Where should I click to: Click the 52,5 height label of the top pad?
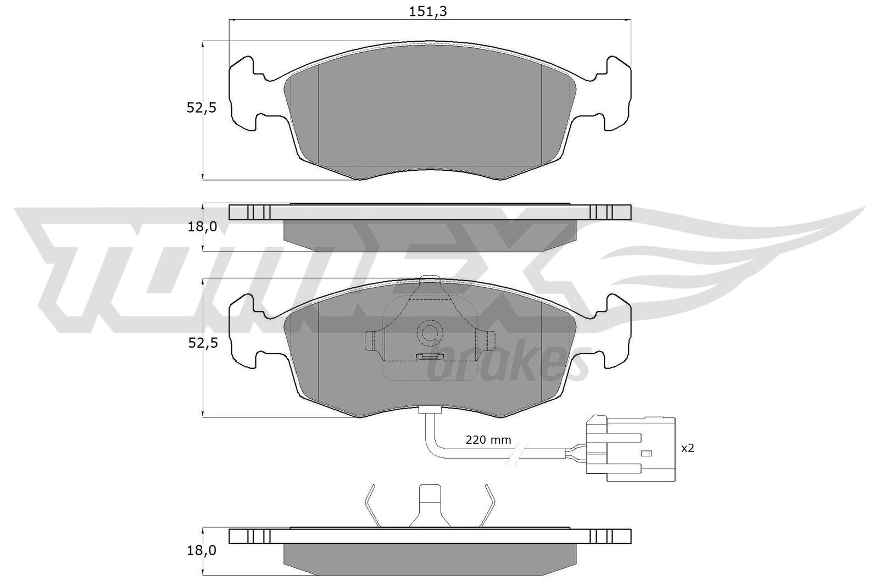(202, 108)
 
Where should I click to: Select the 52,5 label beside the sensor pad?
(202, 343)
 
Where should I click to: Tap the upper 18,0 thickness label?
(202, 226)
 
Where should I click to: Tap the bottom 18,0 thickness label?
(202, 550)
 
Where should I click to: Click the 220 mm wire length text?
(488, 440)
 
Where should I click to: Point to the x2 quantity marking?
(687, 449)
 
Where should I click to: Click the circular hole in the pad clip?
(429, 332)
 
